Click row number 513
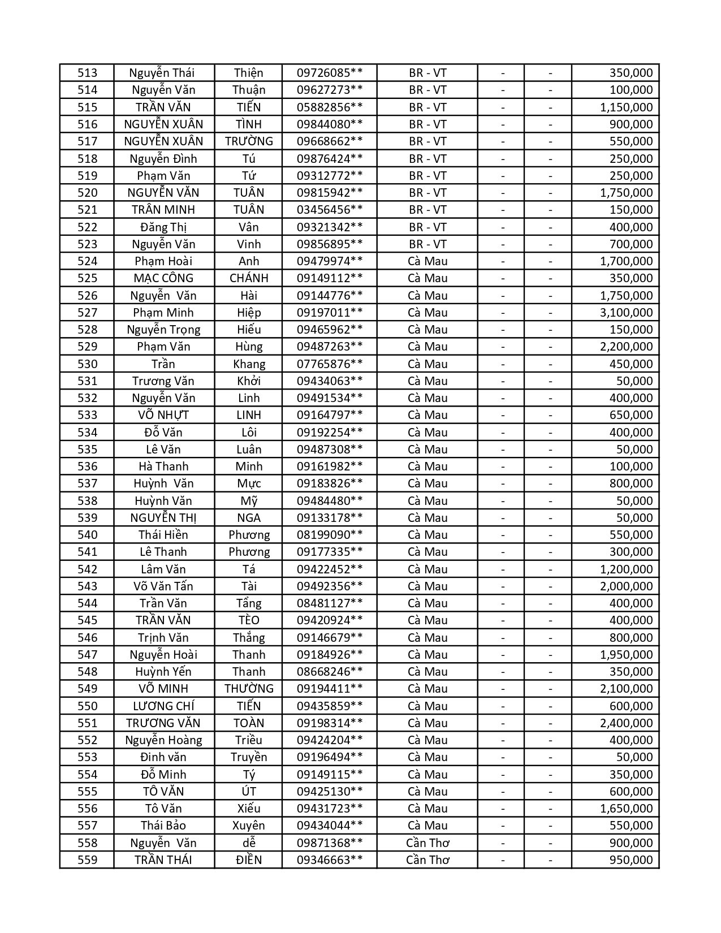point(87,73)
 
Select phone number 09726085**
point(329,73)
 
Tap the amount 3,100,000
point(626,313)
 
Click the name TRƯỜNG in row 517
point(249,141)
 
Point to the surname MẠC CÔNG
point(163,278)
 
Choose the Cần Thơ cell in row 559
point(428,860)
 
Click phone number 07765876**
point(329,364)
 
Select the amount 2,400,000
point(626,723)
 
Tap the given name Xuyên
point(249,826)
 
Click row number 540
point(87,535)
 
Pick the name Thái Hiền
point(163,535)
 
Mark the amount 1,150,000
point(626,107)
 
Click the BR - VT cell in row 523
point(428,244)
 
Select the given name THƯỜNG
point(249,689)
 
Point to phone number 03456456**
point(329,210)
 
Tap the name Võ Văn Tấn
point(163,586)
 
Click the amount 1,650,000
point(626,809)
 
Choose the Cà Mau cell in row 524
point(428,261)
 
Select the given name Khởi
point(249,381)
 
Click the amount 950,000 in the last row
point(631,860)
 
